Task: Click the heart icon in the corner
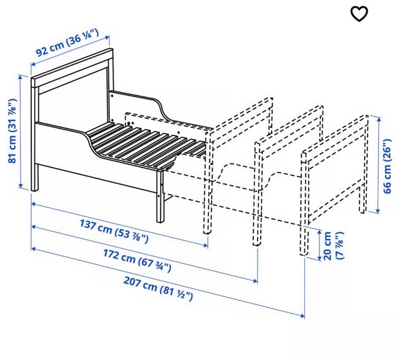click(359, 13)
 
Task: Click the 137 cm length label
click(114, 231)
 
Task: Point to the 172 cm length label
click(137, 261)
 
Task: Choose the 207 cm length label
click(158, 288)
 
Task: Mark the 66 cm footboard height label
click(387, 166)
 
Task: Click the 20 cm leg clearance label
click(333, 246)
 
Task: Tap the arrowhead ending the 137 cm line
click(205, 246)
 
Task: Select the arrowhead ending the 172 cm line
click(255, 281)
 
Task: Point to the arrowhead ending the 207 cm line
click(302, 316)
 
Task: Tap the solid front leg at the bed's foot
click(160, 196)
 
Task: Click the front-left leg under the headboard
click(35, 177)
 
